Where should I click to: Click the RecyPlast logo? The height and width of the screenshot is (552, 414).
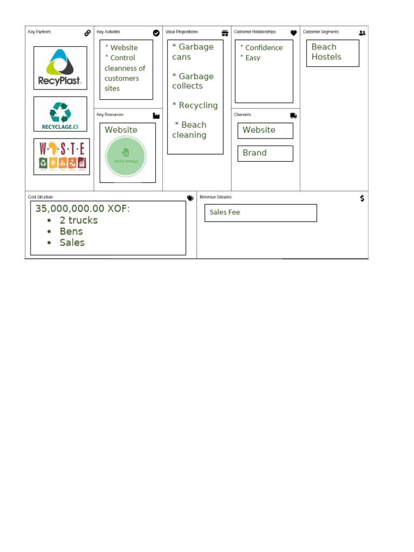pyautogui.click(x=60, y=68)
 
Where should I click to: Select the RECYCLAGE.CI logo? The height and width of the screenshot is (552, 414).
pyautogui.click(x=60, y=114)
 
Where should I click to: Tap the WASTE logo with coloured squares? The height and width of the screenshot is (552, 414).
pyautogui.click(x=61, y=156)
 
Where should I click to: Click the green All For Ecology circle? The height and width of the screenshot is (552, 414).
pyautogui.click(x=126, y=156)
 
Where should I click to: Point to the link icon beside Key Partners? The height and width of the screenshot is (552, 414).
pyautogui.click(x=87, y=33)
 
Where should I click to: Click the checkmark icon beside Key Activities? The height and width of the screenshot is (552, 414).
pyautogui.click(x=156, y=33)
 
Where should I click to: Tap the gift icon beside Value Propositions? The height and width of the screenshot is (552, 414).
pyautogui.click(x=225, y=33)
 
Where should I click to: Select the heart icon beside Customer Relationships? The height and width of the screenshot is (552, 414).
pyautogui.click(x=294, y=33)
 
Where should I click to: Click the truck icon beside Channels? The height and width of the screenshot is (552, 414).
pyautogui.click(x=293, y=115)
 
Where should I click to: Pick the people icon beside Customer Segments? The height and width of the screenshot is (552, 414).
pyautogui.click(x=362, y=33)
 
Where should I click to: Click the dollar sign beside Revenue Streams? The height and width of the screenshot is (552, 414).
pyautogui.click(x=362, y=198)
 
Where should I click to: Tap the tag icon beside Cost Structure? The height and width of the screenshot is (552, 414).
pyautogui.click(x=190, y=198)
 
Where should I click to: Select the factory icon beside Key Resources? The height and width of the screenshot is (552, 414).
pyautogui.click(x=156, y=115)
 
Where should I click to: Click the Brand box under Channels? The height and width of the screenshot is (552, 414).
pyautogui.click(x=265, y=153)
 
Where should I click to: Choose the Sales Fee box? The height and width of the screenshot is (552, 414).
pyautogui.click(x=260, y=213)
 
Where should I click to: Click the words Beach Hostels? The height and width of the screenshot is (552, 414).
pyautogui.click(x=326, y=52)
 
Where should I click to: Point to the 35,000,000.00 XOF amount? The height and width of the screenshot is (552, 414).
pyautogui.click(x=82, y=209)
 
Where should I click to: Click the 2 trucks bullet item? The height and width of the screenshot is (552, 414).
pyautogui.click(x=79, y=220)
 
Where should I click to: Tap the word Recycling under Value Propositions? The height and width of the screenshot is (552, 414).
pyautogui.click(x=198, y=106)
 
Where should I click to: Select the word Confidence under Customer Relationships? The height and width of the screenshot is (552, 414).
pyautogui.click(x=264, y=47)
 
